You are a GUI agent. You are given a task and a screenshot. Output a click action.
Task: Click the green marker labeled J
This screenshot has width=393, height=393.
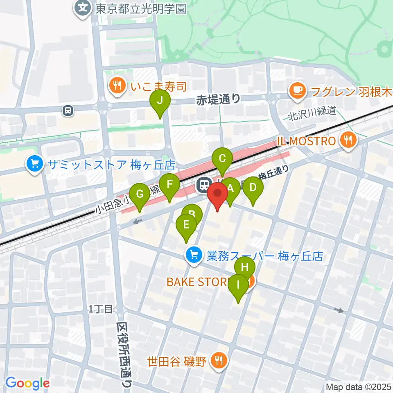click(x=160, y=100)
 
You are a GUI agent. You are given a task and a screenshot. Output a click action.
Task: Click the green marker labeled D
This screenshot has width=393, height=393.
click(x=253, y=188)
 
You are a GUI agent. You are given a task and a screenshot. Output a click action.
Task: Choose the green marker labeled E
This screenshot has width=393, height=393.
click(x=186, y=225)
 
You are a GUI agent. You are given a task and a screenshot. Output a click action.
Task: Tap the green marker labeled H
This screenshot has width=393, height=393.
click(x=245, y=268)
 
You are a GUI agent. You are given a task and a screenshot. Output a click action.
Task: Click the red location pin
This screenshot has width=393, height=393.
click(x=217, y=193)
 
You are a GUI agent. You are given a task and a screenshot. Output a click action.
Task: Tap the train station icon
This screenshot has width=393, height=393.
click(x=203, y=185)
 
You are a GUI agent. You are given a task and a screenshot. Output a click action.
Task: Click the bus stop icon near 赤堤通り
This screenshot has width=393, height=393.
click(x=68, y=110)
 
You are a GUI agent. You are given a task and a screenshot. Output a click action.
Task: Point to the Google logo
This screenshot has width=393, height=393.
click(x=27, y=384)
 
